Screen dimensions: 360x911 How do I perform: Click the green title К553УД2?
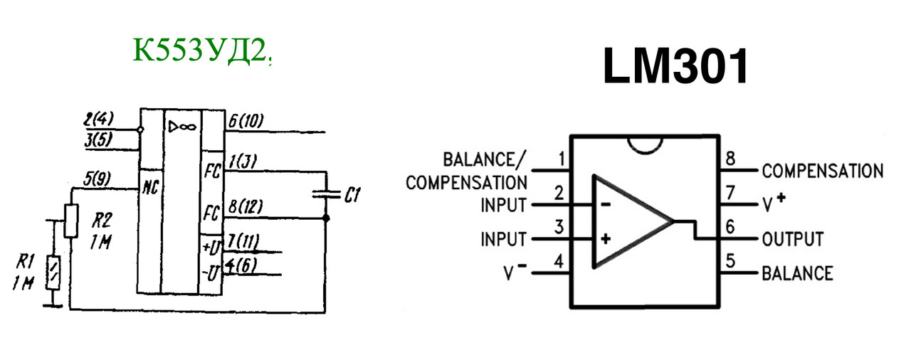(201, 51)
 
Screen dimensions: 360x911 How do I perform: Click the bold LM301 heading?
(675, 67)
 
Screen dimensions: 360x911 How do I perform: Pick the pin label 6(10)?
(246, 121)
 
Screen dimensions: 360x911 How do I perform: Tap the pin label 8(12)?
(245, 207)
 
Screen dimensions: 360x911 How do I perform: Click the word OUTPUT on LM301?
(792, 239)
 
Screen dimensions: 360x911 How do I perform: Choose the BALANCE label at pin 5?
(796, 273)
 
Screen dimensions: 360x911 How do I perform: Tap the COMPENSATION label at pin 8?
(822, 171)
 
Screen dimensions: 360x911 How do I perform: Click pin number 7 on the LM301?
(730, 193)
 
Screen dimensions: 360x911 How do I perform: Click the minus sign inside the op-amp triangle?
(605, 204)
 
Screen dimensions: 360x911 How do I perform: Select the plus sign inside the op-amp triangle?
(605, 239)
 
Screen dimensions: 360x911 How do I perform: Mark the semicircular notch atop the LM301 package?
(646, 143)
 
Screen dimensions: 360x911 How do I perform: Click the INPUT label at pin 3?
(503, 239)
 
